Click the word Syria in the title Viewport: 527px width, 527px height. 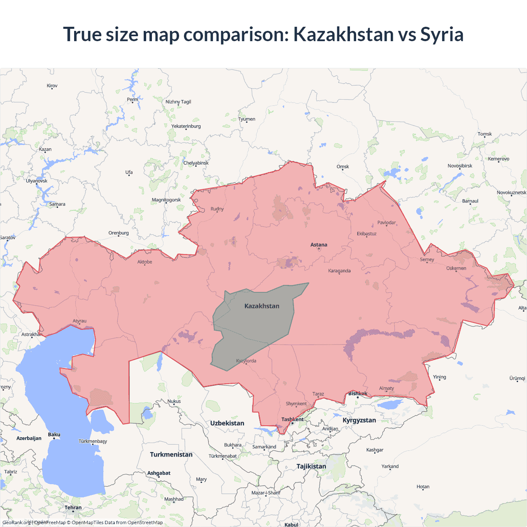point(441,34)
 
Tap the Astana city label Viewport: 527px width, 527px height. point(319,245)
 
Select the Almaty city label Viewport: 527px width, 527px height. point(386,388)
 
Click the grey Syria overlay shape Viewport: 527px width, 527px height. point(255,325)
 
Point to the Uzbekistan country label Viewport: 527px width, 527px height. point(227,423)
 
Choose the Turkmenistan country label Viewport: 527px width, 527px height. point(171,455)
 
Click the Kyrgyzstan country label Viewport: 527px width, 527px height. point(359,420)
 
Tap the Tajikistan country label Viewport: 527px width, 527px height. point(311,466)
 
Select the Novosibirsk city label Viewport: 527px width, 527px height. point(460,166)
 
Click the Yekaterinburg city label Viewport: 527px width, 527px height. point(186,126)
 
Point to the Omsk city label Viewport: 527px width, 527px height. point(343,167)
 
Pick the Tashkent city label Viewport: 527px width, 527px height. point(292,420)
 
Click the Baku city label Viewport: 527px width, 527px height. point(54,434)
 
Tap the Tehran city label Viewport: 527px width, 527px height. point(73,508)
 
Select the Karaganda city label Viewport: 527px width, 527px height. point(339,271)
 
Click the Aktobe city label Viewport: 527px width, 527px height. point(145,262)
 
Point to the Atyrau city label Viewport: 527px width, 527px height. point(79,321)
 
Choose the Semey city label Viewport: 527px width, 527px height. point(427,259)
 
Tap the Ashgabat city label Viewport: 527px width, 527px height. point(159,473)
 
